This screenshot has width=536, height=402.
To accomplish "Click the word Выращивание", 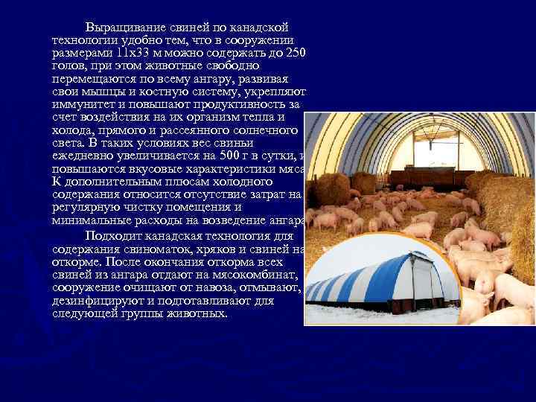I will click(x=120, y=28).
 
